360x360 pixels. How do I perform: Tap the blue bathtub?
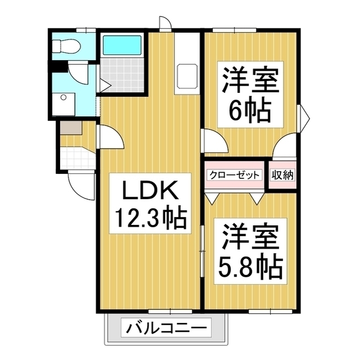[122, 44]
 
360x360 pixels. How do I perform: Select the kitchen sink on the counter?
[186, 74]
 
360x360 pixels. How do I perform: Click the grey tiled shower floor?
[122, 75]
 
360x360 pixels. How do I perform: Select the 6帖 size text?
[250, 109]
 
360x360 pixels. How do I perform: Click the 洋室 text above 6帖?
[250, 80]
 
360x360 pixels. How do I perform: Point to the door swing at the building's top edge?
[164, 23]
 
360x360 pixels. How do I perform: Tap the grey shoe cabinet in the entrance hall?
[70, 128]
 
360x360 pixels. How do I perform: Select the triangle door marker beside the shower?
[105, 85]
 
